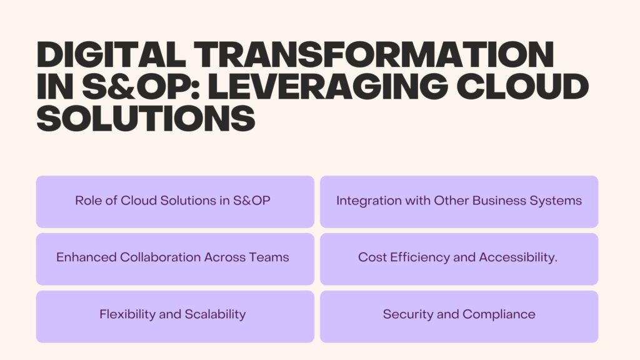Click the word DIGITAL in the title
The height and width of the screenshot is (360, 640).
pyautogui.click(x=111, y=55)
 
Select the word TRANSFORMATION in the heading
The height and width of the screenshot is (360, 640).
pyautogui.click(x=374, y=55)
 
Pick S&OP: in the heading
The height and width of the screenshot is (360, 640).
pyautogui.click(x=141, y=86)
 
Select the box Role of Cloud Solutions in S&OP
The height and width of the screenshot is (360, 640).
pyautogui.click(x=175, y=202)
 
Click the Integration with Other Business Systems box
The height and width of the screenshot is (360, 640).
pyautogui.click(x=459, y=202)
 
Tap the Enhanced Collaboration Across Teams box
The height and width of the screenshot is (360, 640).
pyautogui.click(x=175, y=259)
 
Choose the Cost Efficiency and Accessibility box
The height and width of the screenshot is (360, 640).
pyautogui.click(x=459, y=259)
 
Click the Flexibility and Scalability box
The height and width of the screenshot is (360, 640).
pyautogui.click(x=175, y=317)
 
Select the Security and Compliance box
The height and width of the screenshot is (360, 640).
pyautogui.click(x=459, y=317)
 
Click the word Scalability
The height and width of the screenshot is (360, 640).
pyautogui.click(x=215, y=315)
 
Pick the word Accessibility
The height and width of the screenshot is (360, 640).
pyautogui.click(x=517, y=257)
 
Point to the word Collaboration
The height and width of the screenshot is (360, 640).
pyautogui.click(x=161, y=257)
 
